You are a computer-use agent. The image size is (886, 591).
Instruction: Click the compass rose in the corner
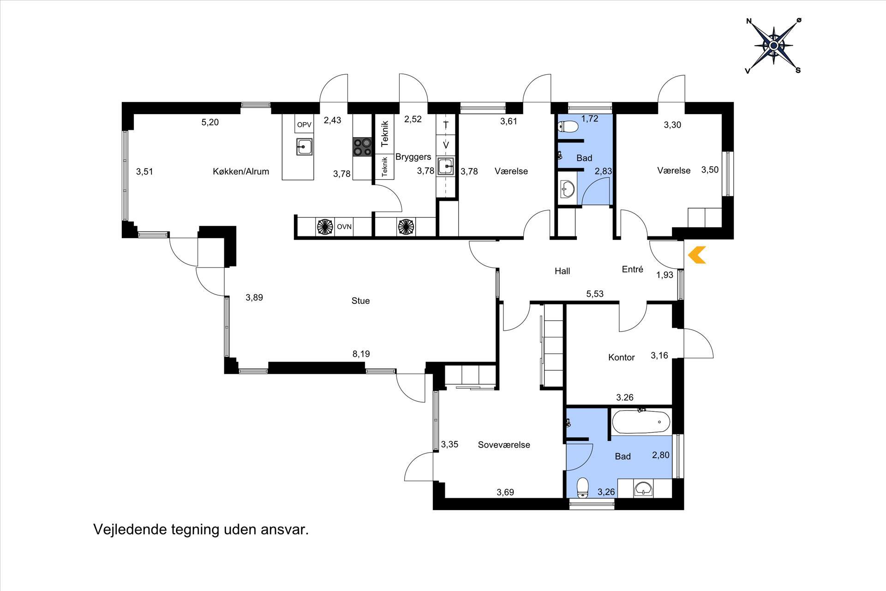pos(774,45)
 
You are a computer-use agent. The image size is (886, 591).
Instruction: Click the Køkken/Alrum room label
pos(241,171)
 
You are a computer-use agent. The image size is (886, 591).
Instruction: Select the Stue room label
pos(360,301)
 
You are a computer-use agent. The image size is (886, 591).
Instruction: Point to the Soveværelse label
pos(504,445)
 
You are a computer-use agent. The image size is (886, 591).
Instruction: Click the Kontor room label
pos(621,357)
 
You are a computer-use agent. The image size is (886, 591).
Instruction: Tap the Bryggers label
pos(413,157)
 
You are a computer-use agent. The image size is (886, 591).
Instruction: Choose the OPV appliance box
pos(304,124)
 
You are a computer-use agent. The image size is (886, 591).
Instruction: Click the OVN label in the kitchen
pos(344,227)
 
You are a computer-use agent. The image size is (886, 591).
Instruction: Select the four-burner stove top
pos(363,147)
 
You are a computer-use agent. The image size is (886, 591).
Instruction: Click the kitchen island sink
pos(304,147)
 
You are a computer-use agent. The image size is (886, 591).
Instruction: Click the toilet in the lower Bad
pos(583,488)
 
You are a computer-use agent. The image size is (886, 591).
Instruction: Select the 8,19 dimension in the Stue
pos(361,354)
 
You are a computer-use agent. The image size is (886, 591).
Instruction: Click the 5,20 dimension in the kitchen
pos(210,122)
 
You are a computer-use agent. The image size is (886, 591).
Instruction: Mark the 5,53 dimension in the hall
pos(595,294)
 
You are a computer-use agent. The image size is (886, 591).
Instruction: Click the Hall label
pos(562,271)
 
